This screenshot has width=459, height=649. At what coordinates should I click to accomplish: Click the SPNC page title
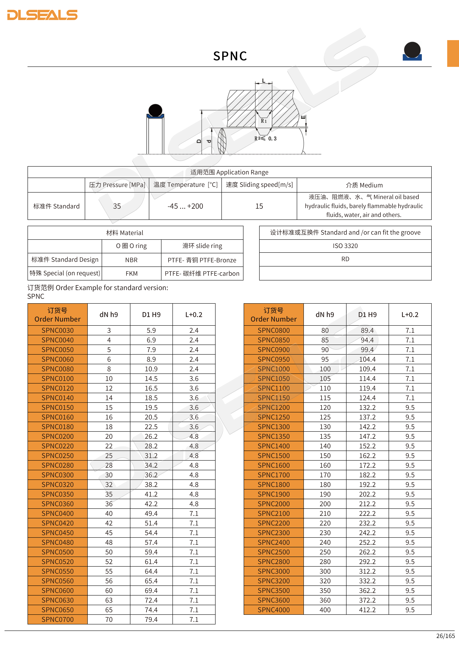pyautogui.click(x=230, y=56)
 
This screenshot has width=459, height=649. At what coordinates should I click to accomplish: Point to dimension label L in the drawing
pyautogui.click(x=263, y=81)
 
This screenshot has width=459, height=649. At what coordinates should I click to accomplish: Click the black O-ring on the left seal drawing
pyautogui.click(x=155, y=110)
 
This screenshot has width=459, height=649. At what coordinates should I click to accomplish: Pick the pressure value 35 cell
pyautogui.click(x=117, y=206)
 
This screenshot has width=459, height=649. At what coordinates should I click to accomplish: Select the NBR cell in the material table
pyautogui.click(x=131, y=260)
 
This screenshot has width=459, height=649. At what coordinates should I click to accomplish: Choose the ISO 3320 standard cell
pyautogui.click(x=345, y=246)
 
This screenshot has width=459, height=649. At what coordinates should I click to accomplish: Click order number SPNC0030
pyautogui.click(x=58, y=330)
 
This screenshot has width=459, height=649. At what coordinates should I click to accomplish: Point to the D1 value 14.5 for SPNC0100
pyautogui.click(x=151, y=379)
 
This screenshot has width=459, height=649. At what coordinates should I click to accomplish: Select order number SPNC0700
pyautogui.click(x=58, y=619)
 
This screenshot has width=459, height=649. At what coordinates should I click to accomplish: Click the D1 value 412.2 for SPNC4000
pyautogui.click(x=367, y=610)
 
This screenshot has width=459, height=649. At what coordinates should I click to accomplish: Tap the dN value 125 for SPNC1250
pyautogui.click(x=325, y=417)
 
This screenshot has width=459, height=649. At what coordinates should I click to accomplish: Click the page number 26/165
pyautogui.click(x=445, y=636)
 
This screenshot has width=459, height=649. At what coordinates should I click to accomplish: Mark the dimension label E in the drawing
pyautogui.click(x=303, y=117)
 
